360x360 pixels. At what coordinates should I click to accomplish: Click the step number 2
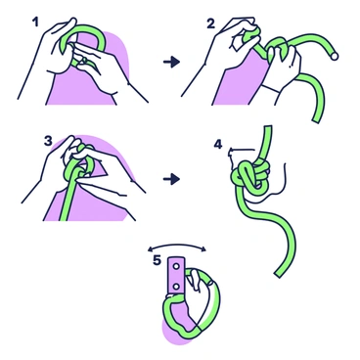(210, 21)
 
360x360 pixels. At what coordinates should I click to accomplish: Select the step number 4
(218, 144)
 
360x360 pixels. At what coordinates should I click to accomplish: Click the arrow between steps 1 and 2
(172, 62)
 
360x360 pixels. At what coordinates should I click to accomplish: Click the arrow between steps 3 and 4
(172, 179)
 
